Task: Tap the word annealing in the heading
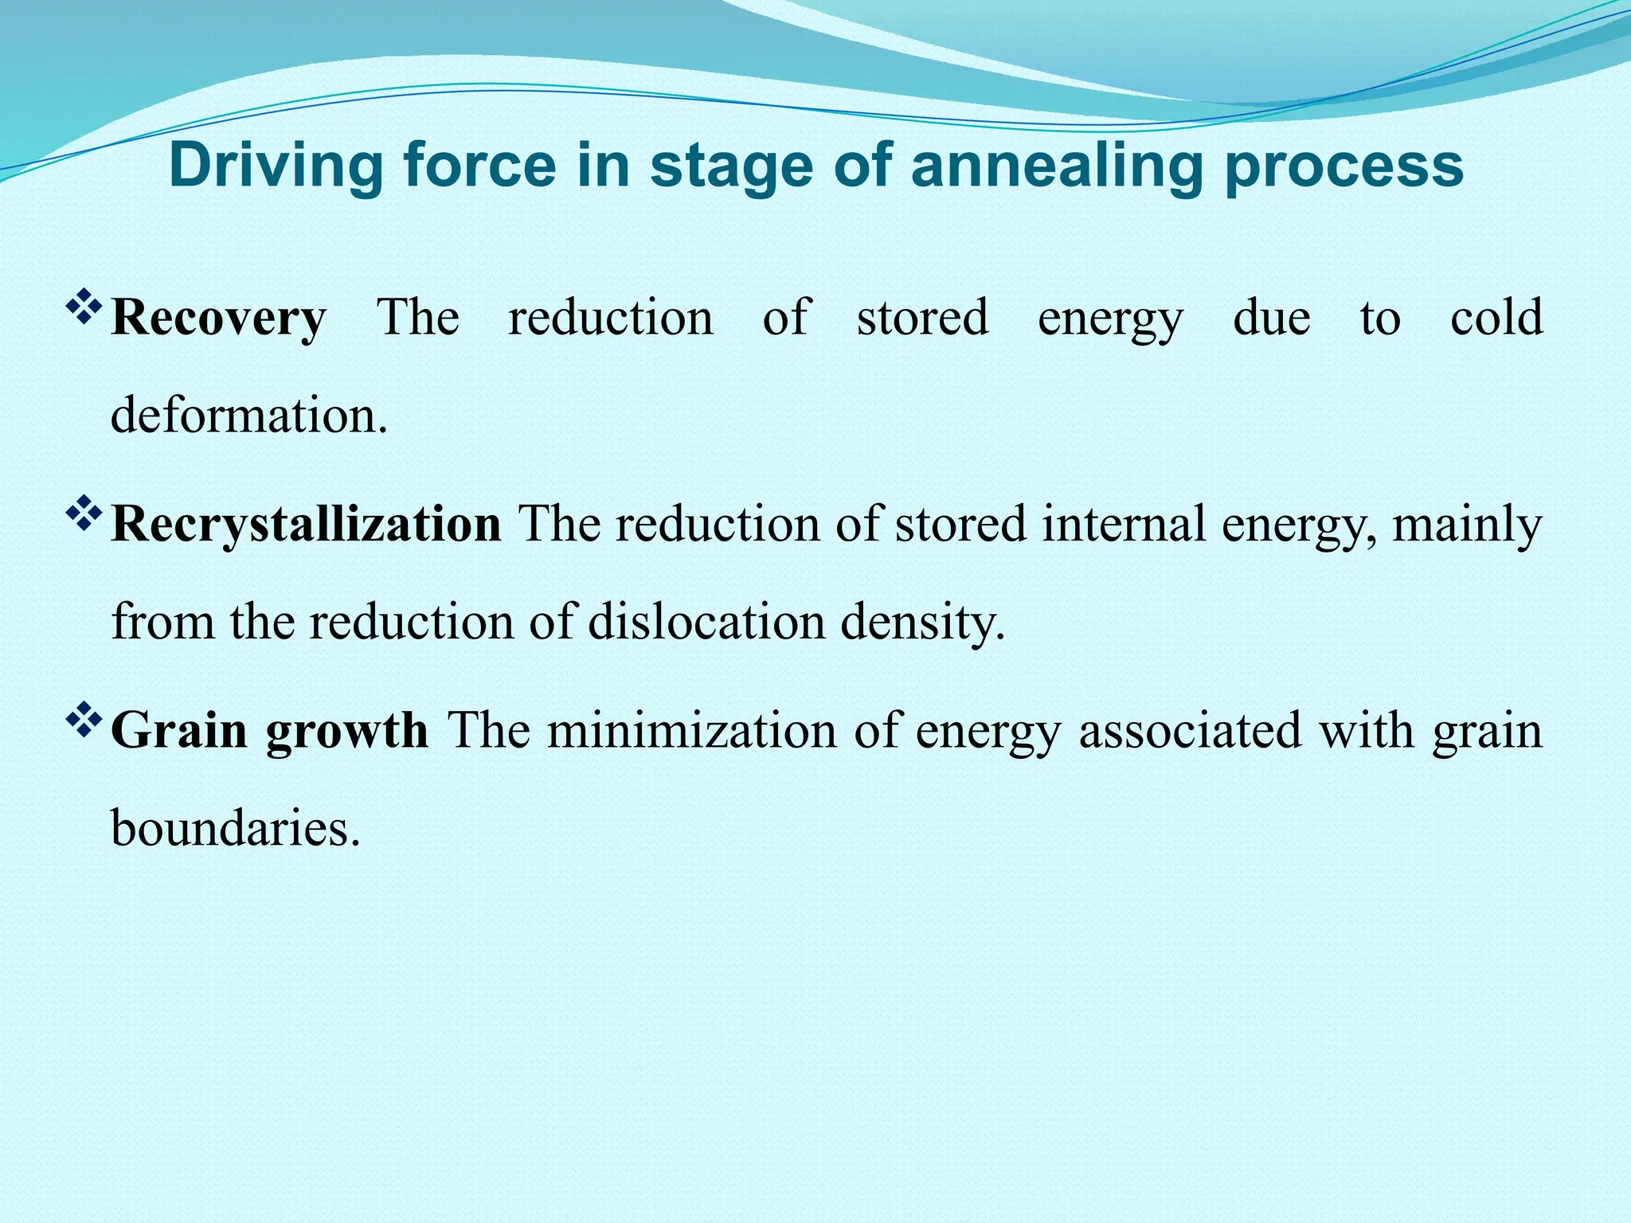point(1057,166)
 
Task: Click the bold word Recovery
point(218,318)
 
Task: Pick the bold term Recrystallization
point(306,524)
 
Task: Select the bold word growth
point(347,731)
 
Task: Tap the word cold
point(1496,317)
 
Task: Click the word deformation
point(248,415)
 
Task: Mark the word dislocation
point(706,622)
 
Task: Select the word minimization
point(692,730)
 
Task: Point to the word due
point(1272,317)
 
